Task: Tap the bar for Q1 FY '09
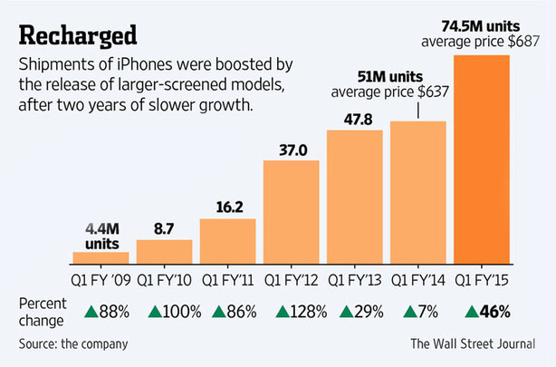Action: [101, 257]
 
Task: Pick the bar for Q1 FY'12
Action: [291, 211]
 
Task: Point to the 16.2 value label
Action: [227, 208]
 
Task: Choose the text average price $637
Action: [390, 92]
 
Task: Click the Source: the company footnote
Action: [72, 343]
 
